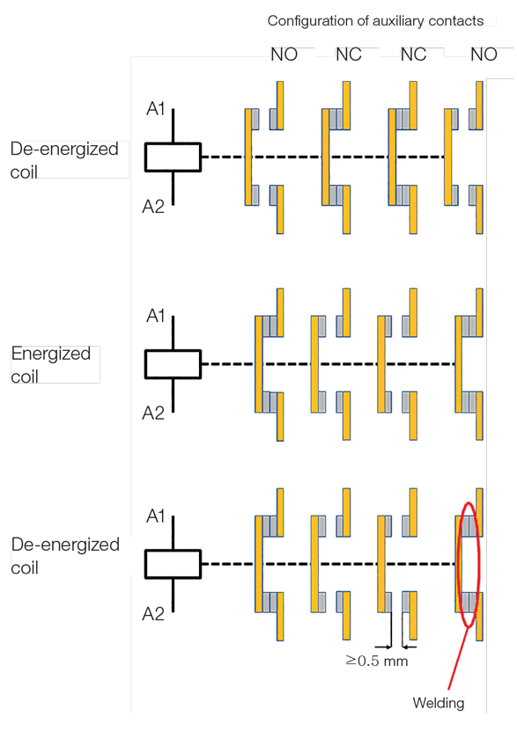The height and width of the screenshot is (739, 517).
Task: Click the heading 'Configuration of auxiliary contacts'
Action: (375, 20)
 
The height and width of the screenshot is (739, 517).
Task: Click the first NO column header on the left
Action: (284, 55)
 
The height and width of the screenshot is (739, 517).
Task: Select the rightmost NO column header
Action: (484, 55)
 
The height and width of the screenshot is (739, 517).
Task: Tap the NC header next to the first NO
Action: (349, 55)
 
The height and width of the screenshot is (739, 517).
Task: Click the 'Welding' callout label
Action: (438, 703)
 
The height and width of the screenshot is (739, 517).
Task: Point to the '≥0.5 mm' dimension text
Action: (377, 660)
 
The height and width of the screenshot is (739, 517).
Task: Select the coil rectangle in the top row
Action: (173, 157)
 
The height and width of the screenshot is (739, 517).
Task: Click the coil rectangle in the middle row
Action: (173, 363)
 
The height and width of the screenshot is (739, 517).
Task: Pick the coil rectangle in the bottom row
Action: (173, 564)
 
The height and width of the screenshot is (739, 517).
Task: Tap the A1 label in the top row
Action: (156, 110)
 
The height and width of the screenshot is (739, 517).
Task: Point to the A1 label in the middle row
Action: (156, 316)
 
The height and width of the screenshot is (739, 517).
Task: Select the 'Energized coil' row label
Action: (50, 365)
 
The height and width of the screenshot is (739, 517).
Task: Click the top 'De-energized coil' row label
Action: (63, 159)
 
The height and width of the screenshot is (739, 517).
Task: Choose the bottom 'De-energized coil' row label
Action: (64, 556)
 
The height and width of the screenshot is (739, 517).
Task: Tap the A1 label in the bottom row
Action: (156, 516)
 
